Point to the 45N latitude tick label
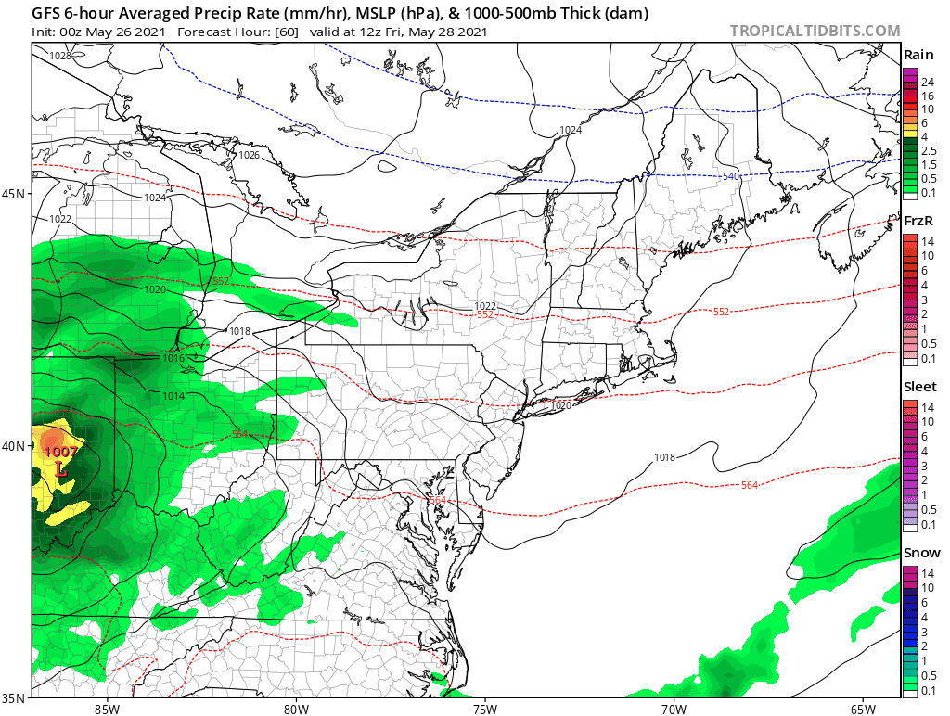14,194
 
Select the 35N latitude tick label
14,697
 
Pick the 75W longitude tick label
484,709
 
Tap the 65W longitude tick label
862,709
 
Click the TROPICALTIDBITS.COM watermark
815,31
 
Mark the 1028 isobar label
60,56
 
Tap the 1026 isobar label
249,155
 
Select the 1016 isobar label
174,358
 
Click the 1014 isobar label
174,396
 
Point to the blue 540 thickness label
731,176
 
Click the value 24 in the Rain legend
927,83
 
